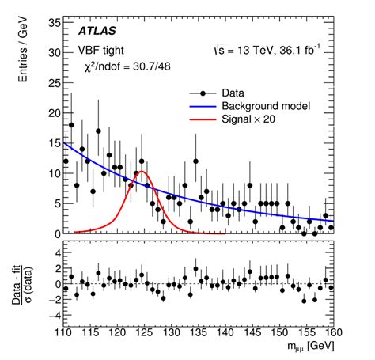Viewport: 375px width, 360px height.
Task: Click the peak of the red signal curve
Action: (142, 171)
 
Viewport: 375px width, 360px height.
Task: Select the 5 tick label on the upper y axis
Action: (52, 203)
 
